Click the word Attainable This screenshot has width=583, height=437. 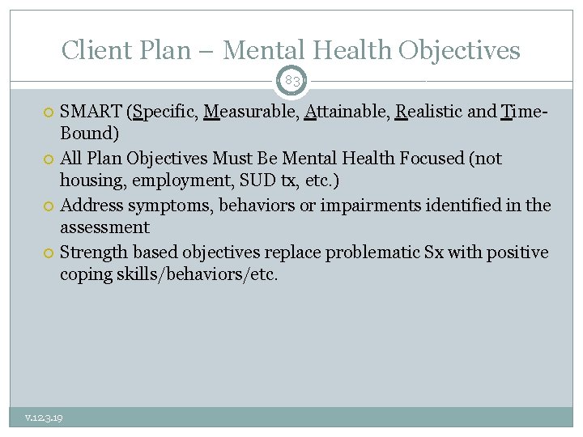click(345, 112)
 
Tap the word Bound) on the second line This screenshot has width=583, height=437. click(90, 132)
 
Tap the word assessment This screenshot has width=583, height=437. click(104, 227)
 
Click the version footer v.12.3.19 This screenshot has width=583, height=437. click(45, 418)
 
